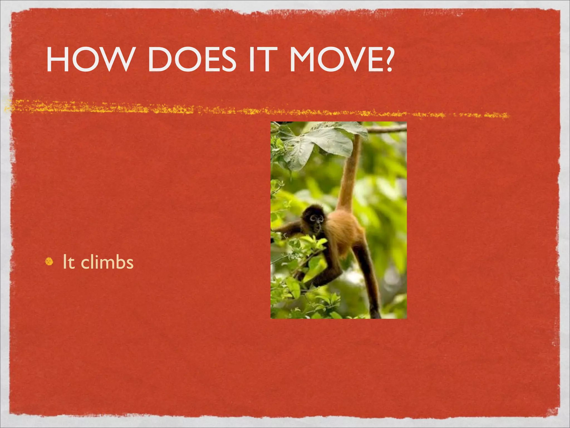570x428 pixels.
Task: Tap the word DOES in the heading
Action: (x=192, y=59)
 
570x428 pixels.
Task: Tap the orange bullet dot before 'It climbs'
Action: (x=49, y=261)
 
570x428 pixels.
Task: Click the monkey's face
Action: (x=317, y=223)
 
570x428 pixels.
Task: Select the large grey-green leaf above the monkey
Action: (x=320, y=145)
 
